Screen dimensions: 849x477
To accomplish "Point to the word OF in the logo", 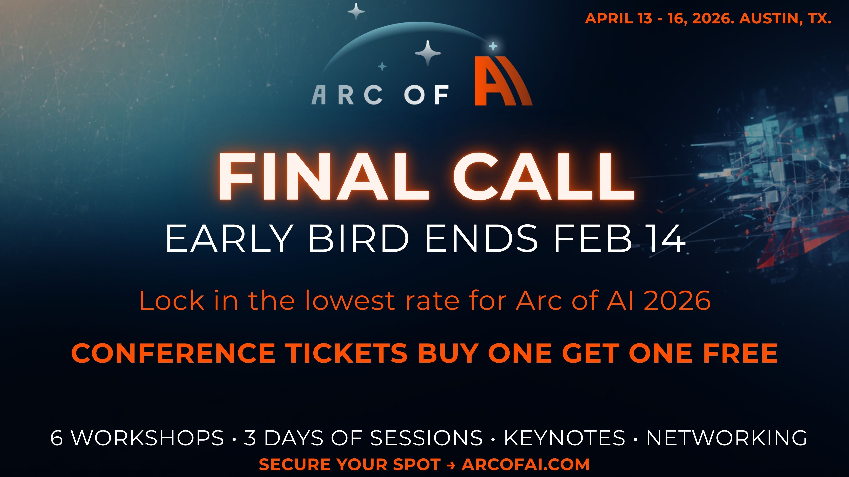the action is [x=426, y=95].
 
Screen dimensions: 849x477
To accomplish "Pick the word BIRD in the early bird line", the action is [x=359, y=238].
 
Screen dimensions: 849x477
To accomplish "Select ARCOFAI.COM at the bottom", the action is [x=526, y=464].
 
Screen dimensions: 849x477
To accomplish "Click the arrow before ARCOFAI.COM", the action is [x=451, y=465].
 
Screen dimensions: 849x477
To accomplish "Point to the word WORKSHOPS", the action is [x=148, y=438].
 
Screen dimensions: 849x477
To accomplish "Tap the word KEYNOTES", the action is [x=565, y=438].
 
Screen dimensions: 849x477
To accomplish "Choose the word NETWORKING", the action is [x=727, y=438].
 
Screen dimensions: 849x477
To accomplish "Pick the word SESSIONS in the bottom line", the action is [x=426, y=438].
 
